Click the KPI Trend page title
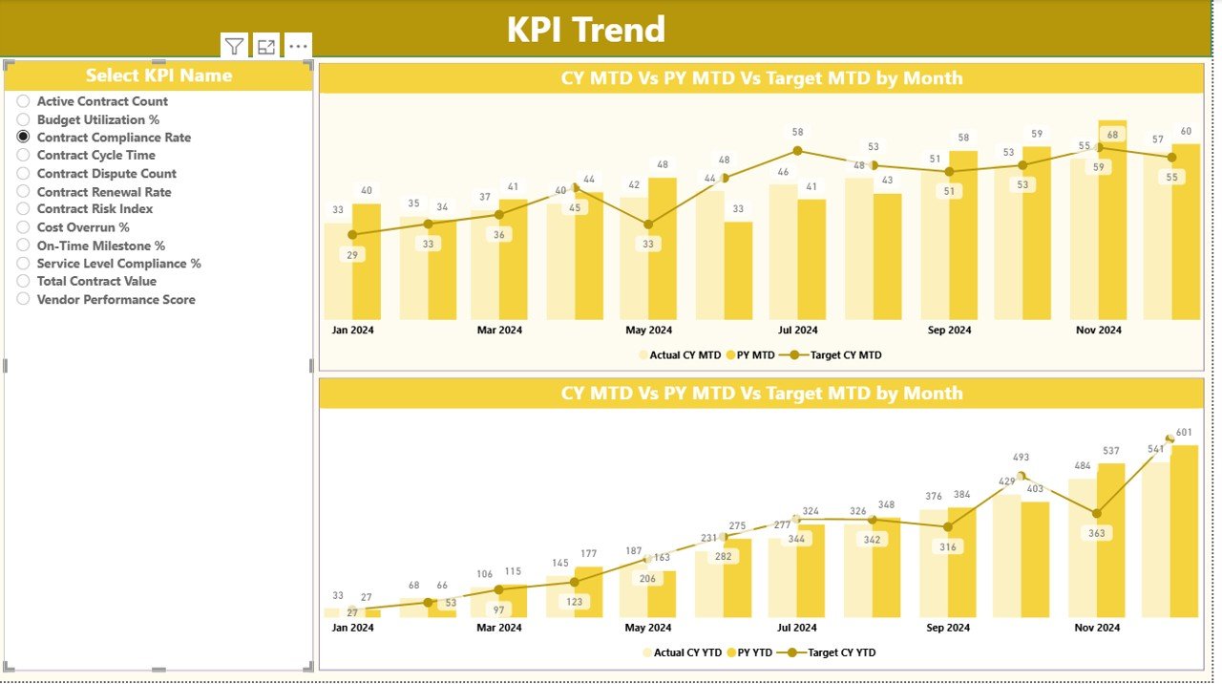(585, 30)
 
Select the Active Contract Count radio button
(24, 101)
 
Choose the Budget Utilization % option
(24, 119)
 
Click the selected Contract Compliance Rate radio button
(24, 138)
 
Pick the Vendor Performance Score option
(24, 299)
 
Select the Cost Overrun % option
(24, 227)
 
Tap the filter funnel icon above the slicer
(234, 46)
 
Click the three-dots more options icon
(298, 46)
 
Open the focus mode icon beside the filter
(266, 46)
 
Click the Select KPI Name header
(158, 75)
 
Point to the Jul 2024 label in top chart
(797, 331)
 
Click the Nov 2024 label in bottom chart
(1097, 628)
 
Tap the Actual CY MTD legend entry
(684, 354)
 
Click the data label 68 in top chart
(1112, 135)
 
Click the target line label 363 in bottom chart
(1097, 533)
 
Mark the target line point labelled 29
(352, 235)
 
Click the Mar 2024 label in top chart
(499, 331)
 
